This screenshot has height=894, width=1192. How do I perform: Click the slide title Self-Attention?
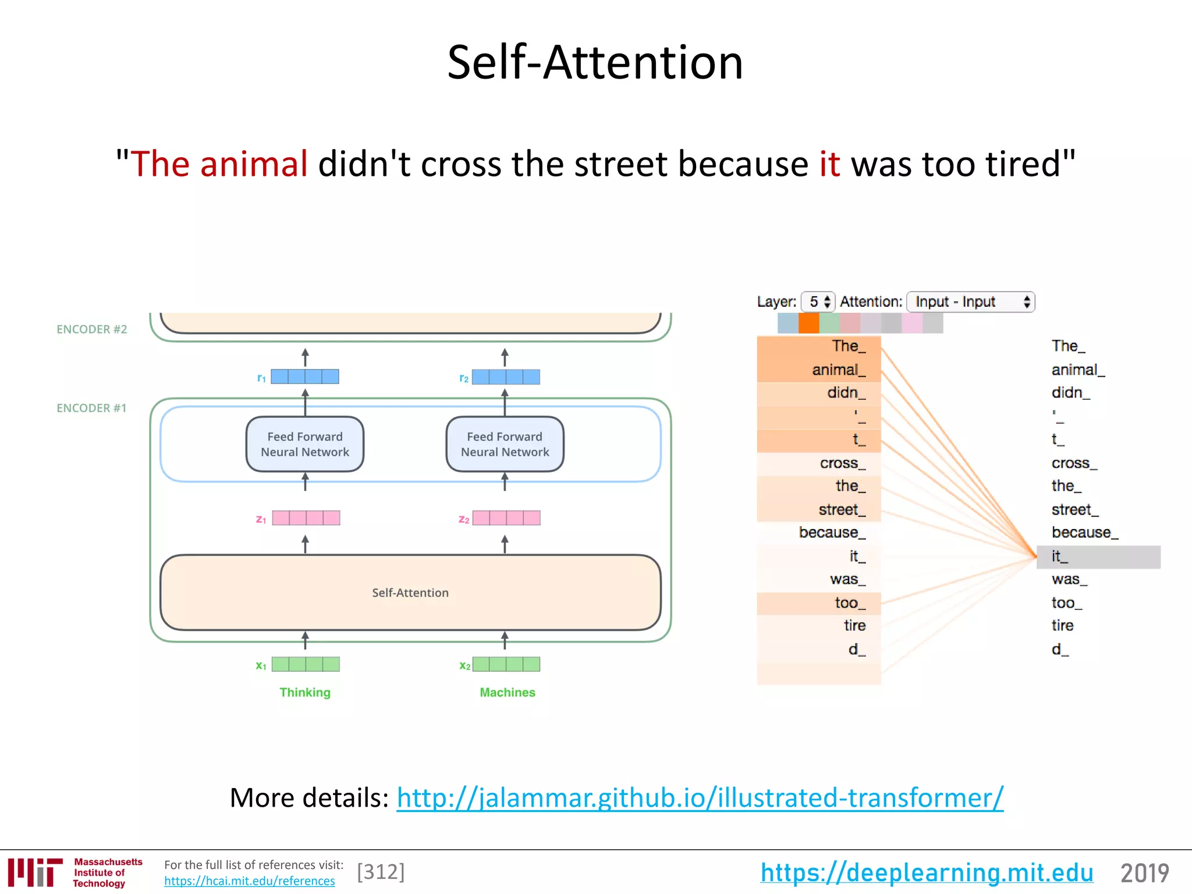click(x=595, y=63)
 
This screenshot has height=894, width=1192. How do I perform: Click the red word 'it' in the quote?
click(x=829, y=164)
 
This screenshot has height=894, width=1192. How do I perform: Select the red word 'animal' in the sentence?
click(x=253, y=164)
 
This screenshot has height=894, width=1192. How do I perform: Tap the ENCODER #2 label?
click(x=91, y=329)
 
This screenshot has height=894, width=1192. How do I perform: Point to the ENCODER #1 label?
click(x=91, y=408)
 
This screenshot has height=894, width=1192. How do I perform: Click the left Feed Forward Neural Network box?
click(x=305, y=444)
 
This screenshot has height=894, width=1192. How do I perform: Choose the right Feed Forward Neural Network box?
click(x=505, y=444)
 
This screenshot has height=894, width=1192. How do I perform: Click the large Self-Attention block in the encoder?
click(x=410, y=593)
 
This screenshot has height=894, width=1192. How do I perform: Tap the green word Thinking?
click(x=305, y=692)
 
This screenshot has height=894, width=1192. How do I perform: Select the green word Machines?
click(x=507, y=692)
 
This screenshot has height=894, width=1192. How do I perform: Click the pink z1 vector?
click(x=306, y=518)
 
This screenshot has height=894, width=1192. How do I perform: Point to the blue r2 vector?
click(x=506, y=377)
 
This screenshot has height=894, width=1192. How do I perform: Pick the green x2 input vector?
click(x=506, y=664)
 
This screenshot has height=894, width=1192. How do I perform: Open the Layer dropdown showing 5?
click(x=818, y=301)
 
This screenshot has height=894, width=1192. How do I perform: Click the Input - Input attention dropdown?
click(x=970, y=301)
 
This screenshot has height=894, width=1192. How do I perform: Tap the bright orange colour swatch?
click(x=808, y=323)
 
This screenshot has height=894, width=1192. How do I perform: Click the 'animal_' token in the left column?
click(x=838, y=370)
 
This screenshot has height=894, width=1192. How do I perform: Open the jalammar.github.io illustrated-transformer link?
click(x=700, y=797)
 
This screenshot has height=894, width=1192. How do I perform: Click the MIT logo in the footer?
click(x=35, y=872)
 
